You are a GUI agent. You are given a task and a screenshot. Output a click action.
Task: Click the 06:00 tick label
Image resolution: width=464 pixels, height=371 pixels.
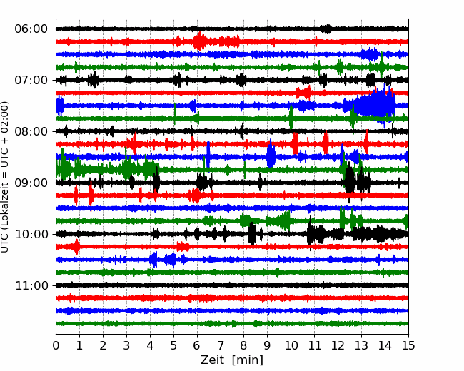tap(31, 29)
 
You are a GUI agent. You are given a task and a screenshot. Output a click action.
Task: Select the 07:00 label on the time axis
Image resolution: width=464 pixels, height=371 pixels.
tap(31, 80)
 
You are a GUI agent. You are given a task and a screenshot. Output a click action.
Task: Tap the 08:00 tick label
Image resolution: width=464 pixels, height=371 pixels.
tap(31, 131)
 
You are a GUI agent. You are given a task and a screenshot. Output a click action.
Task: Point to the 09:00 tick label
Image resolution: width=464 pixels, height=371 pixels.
tap(31, 183)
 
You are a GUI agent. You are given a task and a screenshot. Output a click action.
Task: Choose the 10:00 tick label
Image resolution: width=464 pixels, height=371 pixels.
tap(31, 234)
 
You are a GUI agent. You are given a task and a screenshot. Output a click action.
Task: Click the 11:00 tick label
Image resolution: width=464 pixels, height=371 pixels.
tap(31, 285)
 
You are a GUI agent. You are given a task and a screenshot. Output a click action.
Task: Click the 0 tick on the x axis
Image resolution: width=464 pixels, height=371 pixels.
tap(56, 345)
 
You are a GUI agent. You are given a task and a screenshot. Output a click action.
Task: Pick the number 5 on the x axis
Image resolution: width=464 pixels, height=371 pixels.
tap(173, 345)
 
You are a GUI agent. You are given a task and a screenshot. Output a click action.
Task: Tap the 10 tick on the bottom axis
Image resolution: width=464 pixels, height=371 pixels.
tap(291, 345)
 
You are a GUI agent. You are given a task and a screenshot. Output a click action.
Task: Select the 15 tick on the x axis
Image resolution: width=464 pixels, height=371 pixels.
tap(408, 345)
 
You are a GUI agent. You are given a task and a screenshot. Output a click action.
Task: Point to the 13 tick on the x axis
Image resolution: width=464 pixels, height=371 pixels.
tap(362, 345)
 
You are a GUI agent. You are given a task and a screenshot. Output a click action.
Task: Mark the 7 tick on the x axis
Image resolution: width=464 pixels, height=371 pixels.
tap(221, 345)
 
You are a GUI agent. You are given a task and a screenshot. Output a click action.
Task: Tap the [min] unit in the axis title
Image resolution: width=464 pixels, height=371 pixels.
tap(248, 360)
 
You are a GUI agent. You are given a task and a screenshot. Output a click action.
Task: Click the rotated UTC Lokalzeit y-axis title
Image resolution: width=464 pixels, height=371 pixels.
tap(5, 177)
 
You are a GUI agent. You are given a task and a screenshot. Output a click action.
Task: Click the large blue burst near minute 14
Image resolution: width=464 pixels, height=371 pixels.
tap(375, 104)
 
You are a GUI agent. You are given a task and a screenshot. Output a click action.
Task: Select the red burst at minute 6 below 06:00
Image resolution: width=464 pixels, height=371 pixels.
tap(201, 41)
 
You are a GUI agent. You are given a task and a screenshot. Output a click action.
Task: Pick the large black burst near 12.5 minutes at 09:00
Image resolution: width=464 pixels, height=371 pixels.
tap(350, 181)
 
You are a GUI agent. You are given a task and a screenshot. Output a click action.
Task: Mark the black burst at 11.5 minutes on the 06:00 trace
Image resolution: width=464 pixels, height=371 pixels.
tap(326, 29)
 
